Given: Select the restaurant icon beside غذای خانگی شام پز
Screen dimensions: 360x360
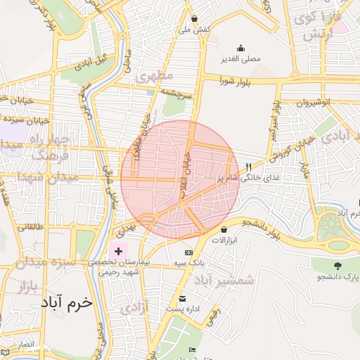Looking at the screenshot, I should click(x=247, y=167).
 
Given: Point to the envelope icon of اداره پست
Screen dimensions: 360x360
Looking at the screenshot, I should click(x=183, y=298).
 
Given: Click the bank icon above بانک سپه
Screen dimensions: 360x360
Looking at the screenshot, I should click(x=188, y=252).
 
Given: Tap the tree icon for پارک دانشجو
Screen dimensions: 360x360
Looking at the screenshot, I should click(x=338, y=266).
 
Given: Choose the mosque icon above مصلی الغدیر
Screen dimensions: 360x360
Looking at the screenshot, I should click(x=241, y=48).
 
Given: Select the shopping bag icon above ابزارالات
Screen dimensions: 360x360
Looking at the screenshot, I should click(x=224, y=229).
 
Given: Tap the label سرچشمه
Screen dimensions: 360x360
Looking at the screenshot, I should click(x=174, y=91).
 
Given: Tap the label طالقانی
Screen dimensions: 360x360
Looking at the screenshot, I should click(x=30, y=227).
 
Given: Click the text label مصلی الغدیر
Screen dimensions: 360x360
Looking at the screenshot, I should click(x=241, y=59).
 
